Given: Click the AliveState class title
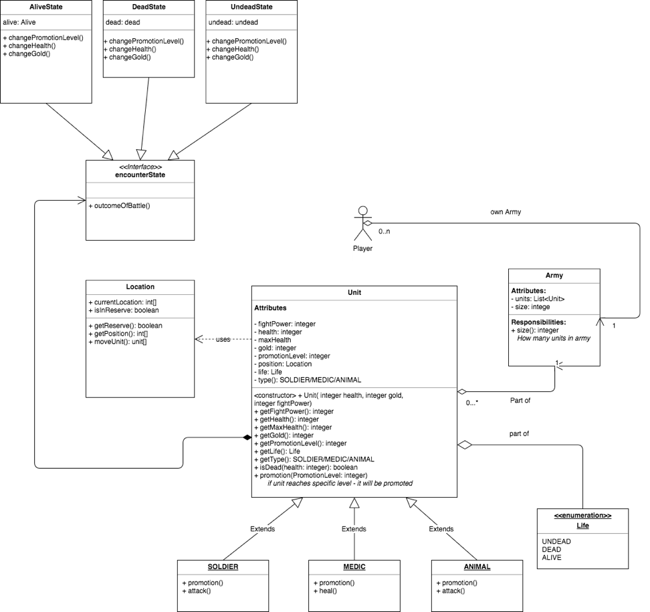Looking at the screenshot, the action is pos(45,7).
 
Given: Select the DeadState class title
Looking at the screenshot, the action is pos(149,7).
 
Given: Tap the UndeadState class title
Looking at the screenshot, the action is pos(251,7).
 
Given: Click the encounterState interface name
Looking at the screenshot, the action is pos(140,175).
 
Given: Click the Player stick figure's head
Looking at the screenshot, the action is pos(362,211).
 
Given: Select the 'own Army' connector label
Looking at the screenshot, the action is pos(505,212).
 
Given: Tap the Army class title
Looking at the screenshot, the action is pos(554,275).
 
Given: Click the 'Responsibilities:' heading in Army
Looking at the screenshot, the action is pos(539,322).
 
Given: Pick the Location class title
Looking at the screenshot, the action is pos(140,287).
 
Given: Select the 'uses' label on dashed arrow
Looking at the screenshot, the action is pos(223,340).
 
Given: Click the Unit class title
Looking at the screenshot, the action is pos(354,292).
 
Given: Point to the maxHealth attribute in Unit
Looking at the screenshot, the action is pos(274,340).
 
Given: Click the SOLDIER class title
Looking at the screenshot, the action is pos(223,567).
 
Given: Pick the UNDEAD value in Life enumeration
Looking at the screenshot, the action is pos(556,542).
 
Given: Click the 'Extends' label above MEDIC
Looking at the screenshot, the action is pos(354,529).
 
